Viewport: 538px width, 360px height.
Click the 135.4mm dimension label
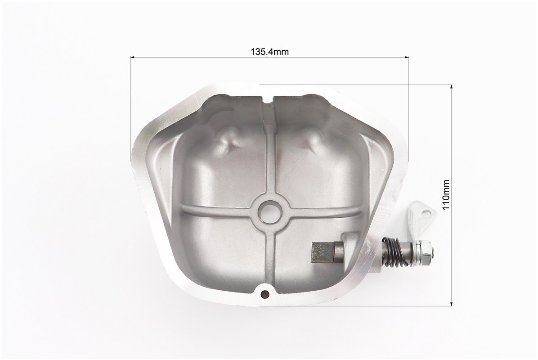pyautogui.click(x=269, y=52)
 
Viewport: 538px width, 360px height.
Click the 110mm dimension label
pyautogui.click(x=446, y=194)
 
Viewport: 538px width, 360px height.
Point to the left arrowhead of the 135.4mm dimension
pyautogui.click(x=132, y=57)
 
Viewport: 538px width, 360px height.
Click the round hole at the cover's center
pyautogui.click(x=269, y=210)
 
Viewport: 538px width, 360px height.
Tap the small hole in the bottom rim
pyautogui.click(x=265, y=293)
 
